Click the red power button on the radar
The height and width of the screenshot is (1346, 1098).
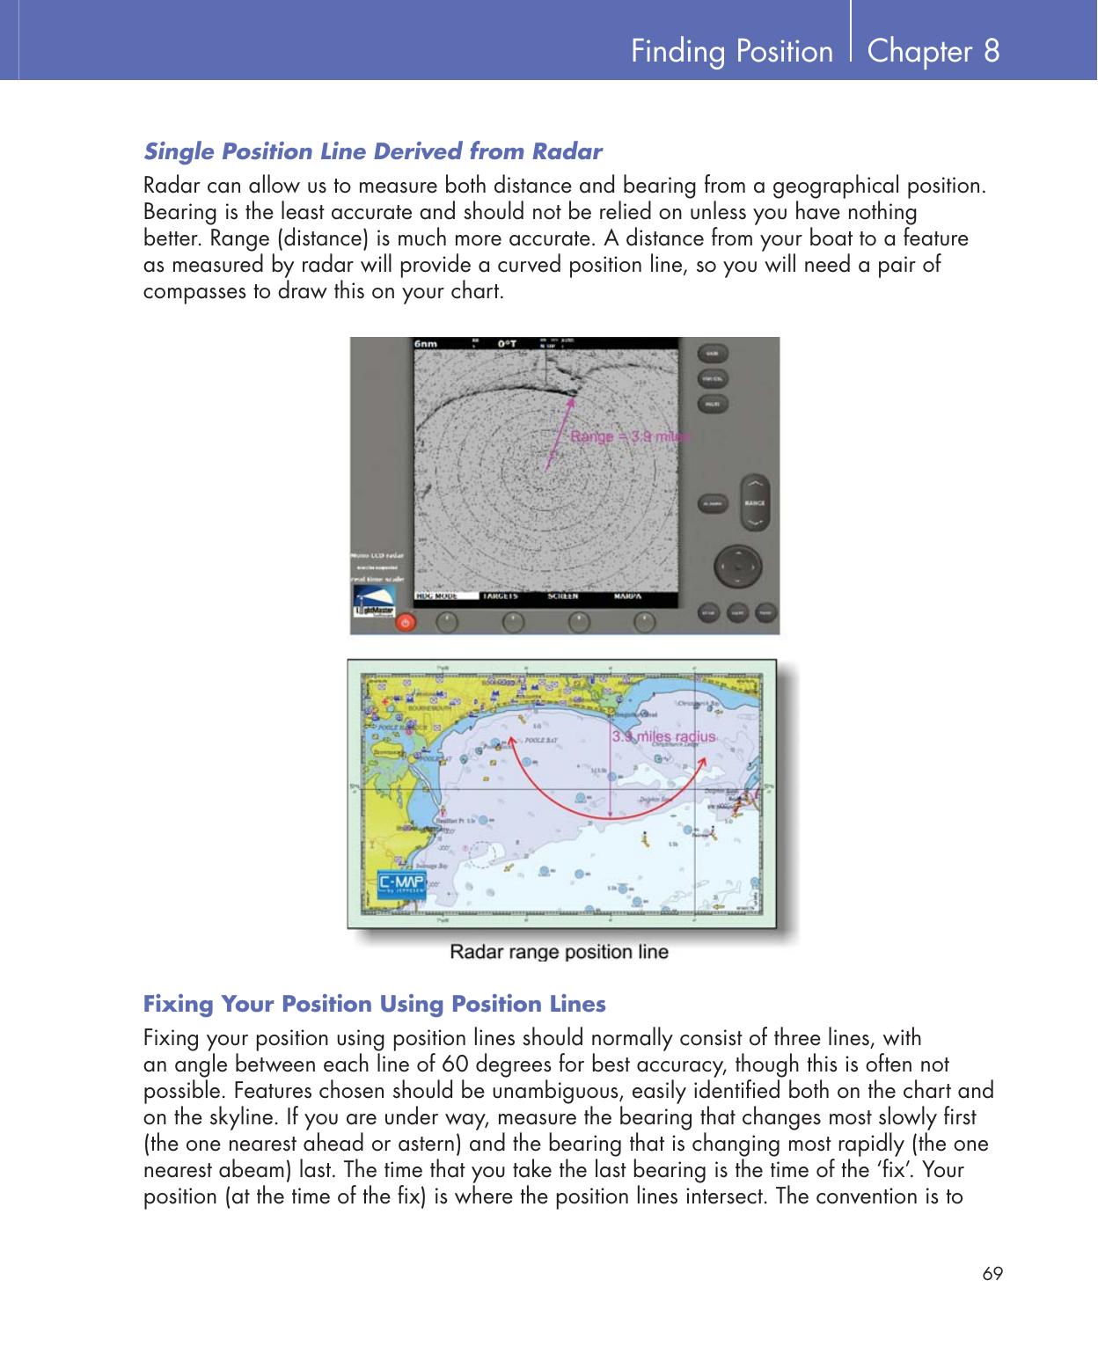click(405, 622)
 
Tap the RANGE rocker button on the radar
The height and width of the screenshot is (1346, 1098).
click(754, 502)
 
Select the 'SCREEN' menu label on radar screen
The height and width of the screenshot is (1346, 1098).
click(563, 596)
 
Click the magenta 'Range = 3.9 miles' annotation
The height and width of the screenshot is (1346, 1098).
click(630, 435)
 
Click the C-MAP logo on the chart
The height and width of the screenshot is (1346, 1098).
click(402, 883)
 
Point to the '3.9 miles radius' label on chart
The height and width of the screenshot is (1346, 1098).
click(663, 736)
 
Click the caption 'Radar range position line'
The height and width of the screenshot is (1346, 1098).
click(559, 952)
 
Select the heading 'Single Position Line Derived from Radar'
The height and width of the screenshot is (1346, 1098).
click(373, 151)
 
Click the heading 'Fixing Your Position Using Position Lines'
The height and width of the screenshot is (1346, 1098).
click(375, 1004)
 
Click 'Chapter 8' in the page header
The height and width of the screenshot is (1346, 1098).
click(933, 51)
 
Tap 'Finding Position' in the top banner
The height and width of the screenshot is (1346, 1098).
click(731, 52)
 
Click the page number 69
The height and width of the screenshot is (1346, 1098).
click(993, 1274)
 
